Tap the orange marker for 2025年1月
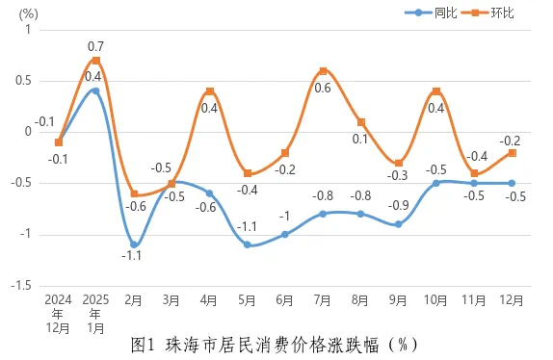pyautogui.click(x=95, y=61)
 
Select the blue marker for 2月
pyautogui.click(x=134, y=244)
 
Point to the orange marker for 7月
pyautogui.click(x=323, y=70)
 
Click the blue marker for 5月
pyautogui.click(x=248, y=244)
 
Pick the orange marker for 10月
pyautogui.click(x=436, y=91)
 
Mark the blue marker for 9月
pyautogui.click(x=398, y=224)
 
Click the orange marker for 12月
pyautogui.click(x=512, y=153)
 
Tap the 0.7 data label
pyautogui.click(x=95, y=46)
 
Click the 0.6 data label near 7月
pyautogui.click(x=323, y=89)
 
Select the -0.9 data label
pyautogui.click(x=397, y=205)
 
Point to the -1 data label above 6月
pyautogui.click(x=285, y=215)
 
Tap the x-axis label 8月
pyautogui.click(x=360, y=300)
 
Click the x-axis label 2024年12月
pyautogui.click(x=59, y=313)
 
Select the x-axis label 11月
pyautogui.click(x=474, y=300)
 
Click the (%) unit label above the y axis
pyautogui.click(x=27, y=13)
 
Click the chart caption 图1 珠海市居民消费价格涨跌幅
pyautogui.click(x=274, y=344)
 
